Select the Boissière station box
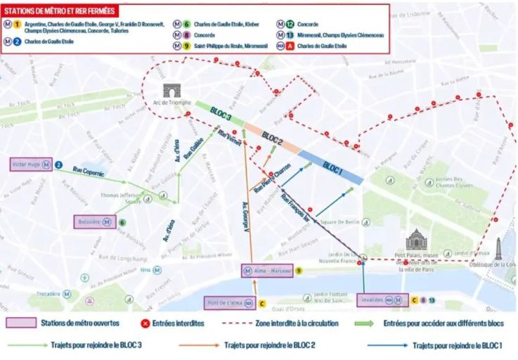point(95,221)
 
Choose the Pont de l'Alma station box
point(229,303)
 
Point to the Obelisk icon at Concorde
point(498,247)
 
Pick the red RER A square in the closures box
point(281,46)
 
